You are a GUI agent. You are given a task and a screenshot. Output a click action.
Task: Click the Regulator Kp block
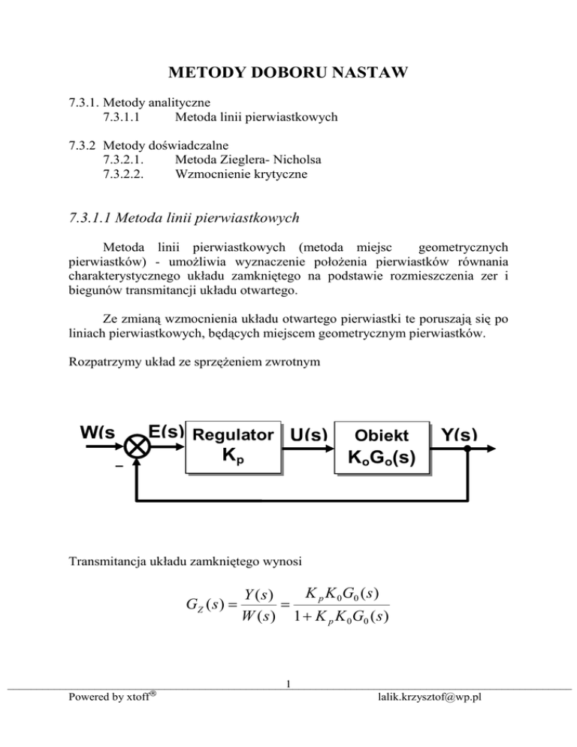(234, 446)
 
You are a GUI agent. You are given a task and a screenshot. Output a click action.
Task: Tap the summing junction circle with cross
(138, 447)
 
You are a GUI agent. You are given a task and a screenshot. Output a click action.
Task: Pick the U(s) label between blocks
(307, 435)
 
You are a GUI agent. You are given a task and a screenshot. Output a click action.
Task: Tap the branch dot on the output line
(466, 448)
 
